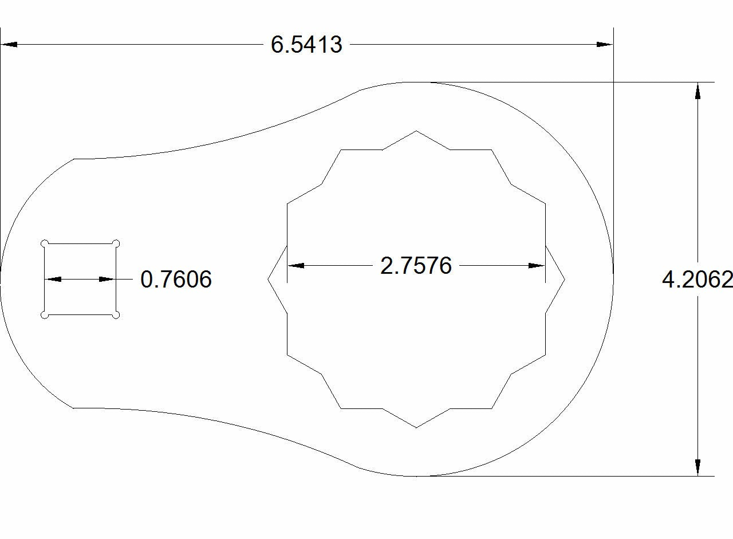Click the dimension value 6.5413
(x=306, y=45)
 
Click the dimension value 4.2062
(x=697, y=280)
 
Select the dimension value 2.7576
(x=416, y=266)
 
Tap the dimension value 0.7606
(x=176, y=280)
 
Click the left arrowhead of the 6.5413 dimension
(x=9, y=44)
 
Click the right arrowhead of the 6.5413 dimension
(x=605, y=44)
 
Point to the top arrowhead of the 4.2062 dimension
(x=697, y=91)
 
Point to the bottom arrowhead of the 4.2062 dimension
(x=697, y=467)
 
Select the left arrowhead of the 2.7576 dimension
(x=295, y=266)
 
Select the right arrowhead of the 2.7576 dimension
(x=537, y=266)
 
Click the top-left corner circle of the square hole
(x=45, y=243)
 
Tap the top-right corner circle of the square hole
(x=116, y=243)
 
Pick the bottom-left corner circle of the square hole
(x=45, y=315)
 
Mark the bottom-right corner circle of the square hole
(x=116, y=315)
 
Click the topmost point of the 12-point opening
(x=416, y=131)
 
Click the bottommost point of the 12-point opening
(x=416, y=427)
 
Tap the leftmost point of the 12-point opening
(x=268, y=280)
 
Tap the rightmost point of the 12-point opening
(x=565, y=280)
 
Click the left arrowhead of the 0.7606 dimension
(x=53, y=280)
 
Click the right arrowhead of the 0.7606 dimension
(x=108, y=280)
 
